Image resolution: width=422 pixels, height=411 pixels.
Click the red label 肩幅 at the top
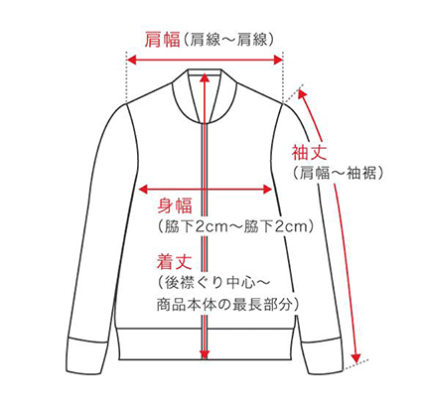(x=162, y=40)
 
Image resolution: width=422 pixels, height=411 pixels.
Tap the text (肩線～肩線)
(x=228, y=40)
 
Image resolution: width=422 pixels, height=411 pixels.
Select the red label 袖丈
(x=309, y=152)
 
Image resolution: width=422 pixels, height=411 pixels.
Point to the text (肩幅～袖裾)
(x=339, y=173)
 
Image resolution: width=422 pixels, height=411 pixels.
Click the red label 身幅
(x=175, y=205)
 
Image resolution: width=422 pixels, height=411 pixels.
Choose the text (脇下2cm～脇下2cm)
(x=235, y=226)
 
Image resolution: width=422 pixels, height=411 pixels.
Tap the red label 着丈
(x=175, y=261)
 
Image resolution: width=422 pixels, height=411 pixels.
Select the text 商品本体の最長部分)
(x=227, y=305)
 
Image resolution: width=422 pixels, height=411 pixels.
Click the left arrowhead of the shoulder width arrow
(x=132, y=60)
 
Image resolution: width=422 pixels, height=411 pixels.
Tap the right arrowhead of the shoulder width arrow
(x=277, y=60)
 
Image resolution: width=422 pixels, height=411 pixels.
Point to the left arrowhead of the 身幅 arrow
(x=143, y=190)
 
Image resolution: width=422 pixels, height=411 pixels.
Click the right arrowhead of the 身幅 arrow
(x=267, y=190)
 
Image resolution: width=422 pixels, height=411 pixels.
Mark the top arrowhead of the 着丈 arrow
(x=205, y=77)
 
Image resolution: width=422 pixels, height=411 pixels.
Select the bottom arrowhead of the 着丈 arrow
(x=205, y=354)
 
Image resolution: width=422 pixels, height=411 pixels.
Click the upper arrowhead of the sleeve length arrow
(x=303, y=94)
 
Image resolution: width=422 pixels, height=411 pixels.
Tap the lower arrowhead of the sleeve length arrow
(x=355, y=357)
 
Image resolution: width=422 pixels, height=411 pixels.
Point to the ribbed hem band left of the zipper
(x=160, y=344)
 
